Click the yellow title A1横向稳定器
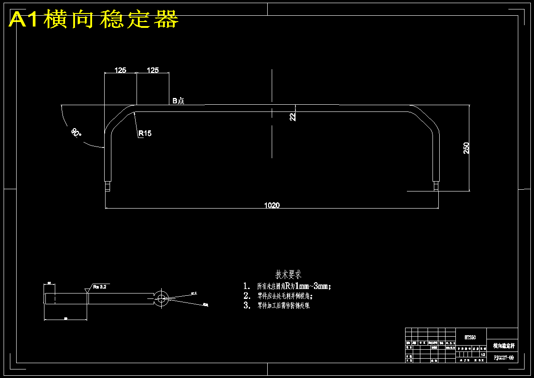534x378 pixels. (94, 20)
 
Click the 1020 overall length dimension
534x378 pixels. (272, 205)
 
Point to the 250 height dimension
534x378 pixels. (467, 148)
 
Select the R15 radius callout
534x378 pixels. (145, 133)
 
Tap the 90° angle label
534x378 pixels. (76, 133)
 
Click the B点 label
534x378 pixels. (178, 101)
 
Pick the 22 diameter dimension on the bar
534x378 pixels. (292, 117)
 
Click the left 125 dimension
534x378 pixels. (120, 70)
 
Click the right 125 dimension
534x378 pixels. (153, 70)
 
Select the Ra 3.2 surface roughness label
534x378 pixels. (100, 286)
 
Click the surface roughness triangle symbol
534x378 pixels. (87, 291)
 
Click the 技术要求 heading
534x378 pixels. (288, 274)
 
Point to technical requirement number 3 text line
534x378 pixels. (283, 306)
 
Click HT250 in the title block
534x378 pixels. (470, 337)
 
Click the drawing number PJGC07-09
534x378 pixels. (503, 358)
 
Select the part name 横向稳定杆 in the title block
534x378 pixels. (503, 346)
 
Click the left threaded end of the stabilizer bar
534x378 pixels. (107, 186)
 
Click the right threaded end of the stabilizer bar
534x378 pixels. (436, 186)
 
